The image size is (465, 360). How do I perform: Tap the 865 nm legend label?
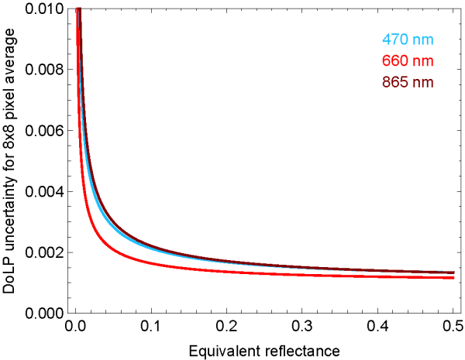tap(406, 81)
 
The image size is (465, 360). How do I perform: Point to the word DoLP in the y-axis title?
tap(10, 275)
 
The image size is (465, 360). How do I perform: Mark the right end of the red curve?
tap(453, 278)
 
